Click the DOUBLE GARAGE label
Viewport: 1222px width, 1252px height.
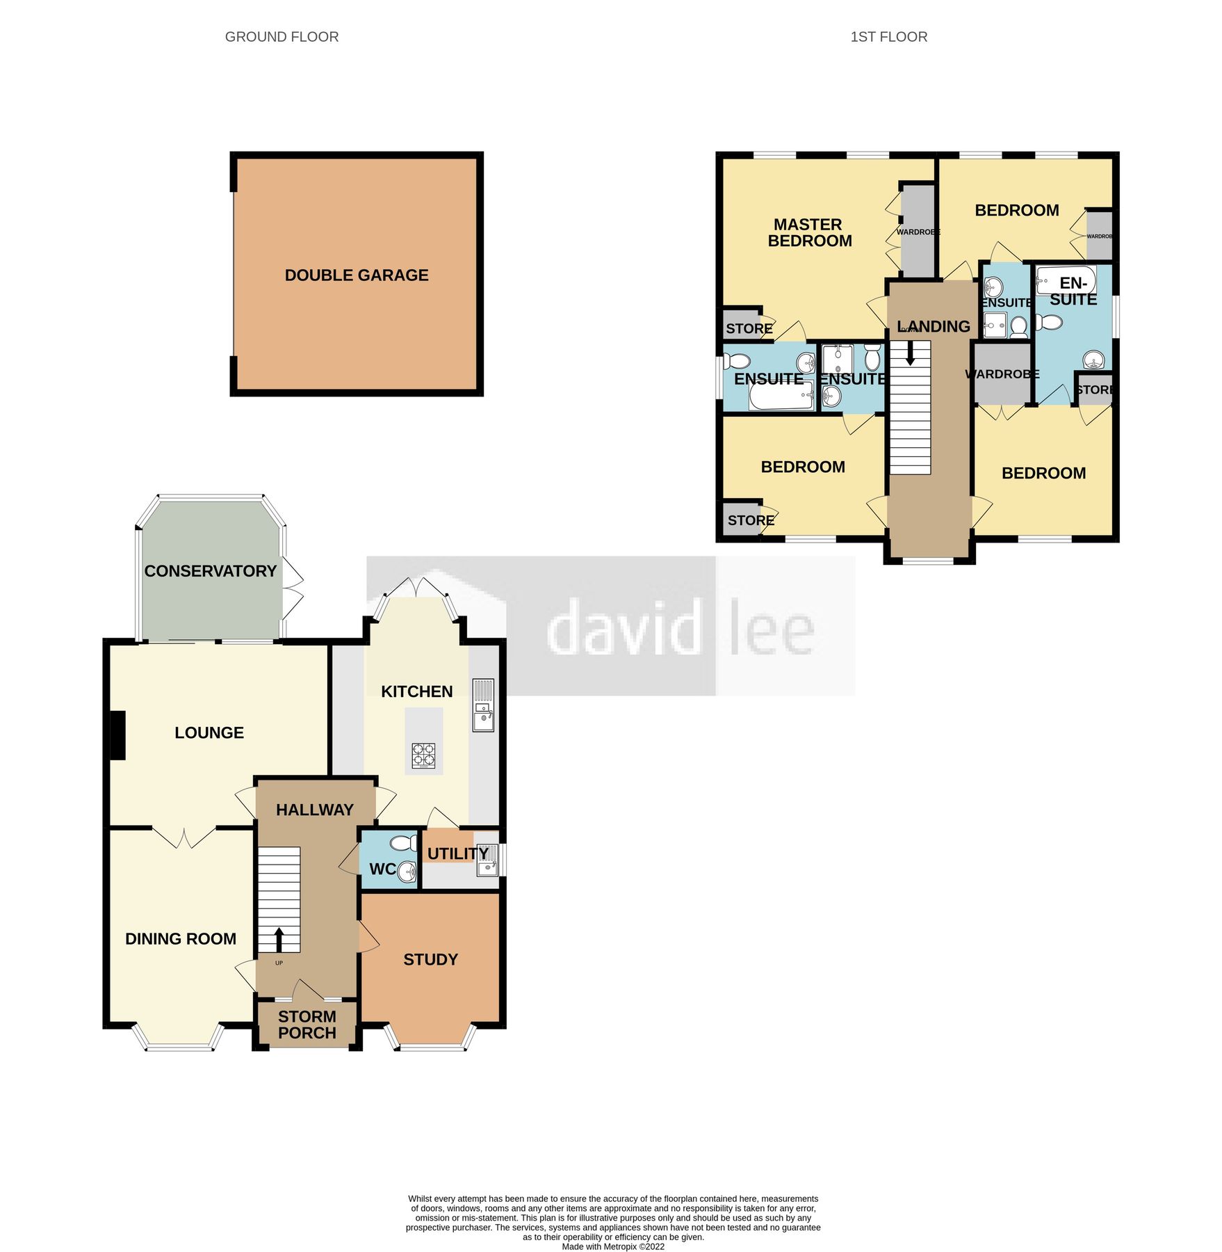pyautogui.click(x=357, y=275)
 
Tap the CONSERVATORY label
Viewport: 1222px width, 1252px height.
pyautogui.click(x=210, y=571)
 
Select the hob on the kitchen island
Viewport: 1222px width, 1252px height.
pyautogui.click(x=424, y=755)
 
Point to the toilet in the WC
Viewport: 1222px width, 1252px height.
pyautogui.click(x=402, y=844)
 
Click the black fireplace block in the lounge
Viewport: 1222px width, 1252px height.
pyautogui.click(x=117, y=735)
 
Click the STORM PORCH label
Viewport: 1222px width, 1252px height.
pyautogui.click(x=307, y=1025)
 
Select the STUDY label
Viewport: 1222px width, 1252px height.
pyautogui.click(x=430, y=960)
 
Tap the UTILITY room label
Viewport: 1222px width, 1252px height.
pyautogui.click(x=457, y=853)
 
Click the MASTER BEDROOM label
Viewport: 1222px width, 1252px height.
pyautogui.click(x=809, y=232)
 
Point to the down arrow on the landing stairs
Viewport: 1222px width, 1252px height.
pyautogui.click(x=910, y=354)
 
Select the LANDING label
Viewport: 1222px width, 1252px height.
pyautogui.click(x=934, y=326)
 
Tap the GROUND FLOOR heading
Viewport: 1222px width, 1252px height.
pyautogui.click(x=282, y=37)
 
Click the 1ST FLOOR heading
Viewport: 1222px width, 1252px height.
pyautogui.click(x=888, y=37)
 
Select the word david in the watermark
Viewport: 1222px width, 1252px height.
pyautogui.click(x=622, y=628)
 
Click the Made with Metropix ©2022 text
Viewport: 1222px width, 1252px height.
pyautogui.click(x=612, y=1246)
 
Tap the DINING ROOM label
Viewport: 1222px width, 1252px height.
pyautogui.click(x=181, y=939)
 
